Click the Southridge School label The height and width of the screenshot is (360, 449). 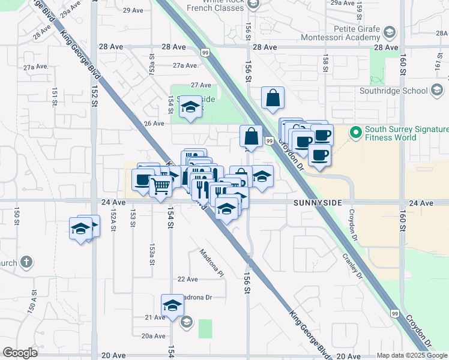(393, 91)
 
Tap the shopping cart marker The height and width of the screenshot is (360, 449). (160, 187)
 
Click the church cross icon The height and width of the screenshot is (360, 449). (25, 262)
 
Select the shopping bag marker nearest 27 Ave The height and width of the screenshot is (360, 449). (273, 97)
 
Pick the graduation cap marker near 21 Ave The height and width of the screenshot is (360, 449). (172, 305)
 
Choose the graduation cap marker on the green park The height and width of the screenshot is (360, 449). (191, 107)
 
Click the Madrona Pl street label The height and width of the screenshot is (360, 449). (211, 263)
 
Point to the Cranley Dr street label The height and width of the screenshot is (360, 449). (352, 265)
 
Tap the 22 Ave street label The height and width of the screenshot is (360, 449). (187, 279)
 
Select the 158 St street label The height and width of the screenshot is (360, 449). (325, 63)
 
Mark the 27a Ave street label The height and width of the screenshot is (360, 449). (185, 66)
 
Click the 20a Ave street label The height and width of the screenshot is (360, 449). (153, 336)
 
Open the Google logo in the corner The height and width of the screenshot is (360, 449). (20, 353)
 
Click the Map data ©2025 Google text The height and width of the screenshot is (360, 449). (412, 355)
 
